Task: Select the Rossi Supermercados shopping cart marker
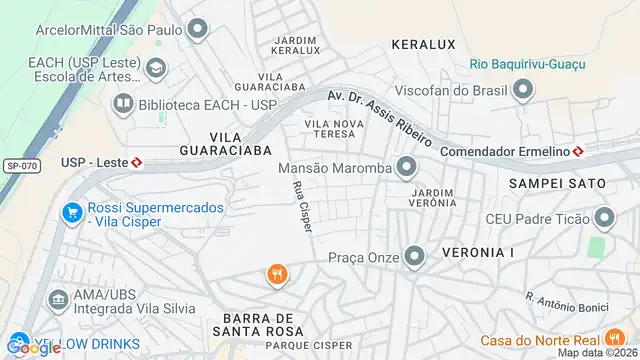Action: click(71, 213)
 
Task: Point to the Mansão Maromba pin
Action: click(406, 167)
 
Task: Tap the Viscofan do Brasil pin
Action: click(522, 91)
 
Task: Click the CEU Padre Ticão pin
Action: click(604, 218)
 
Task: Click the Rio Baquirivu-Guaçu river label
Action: click(527, 65)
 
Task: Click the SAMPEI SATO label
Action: click(557, 184)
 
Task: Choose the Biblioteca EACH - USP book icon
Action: click(123, 103)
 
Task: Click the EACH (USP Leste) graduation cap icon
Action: click(156, 68)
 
